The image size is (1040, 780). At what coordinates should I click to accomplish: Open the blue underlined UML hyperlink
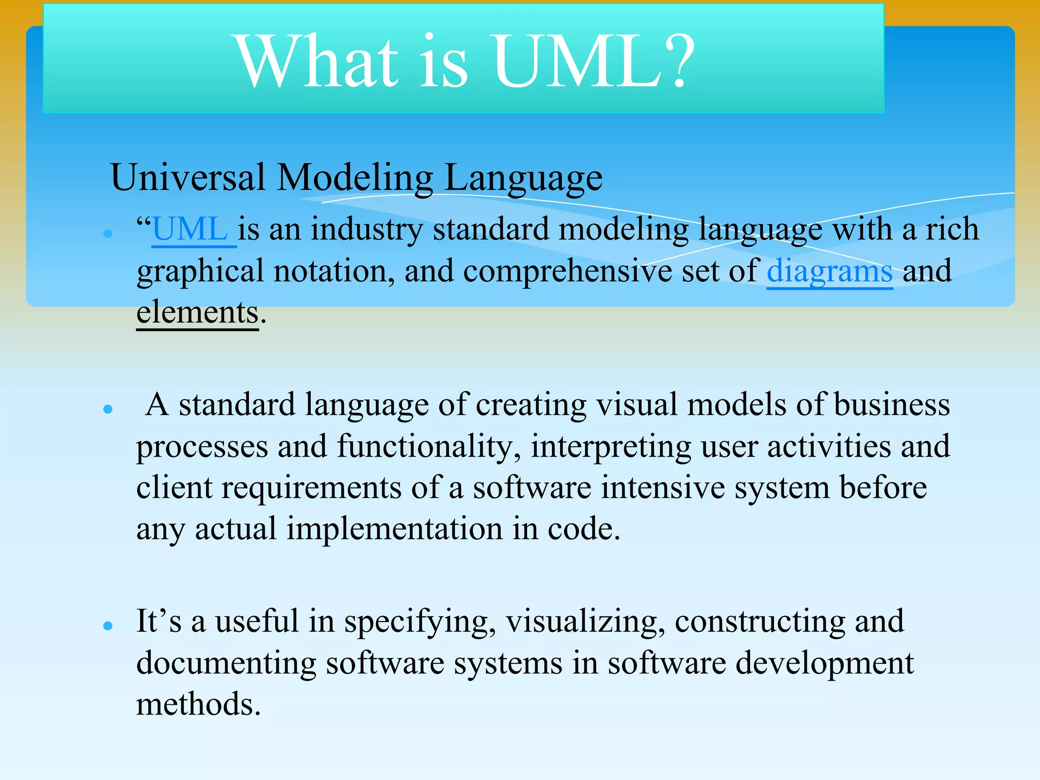190,230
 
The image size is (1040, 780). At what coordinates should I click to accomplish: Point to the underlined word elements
198,312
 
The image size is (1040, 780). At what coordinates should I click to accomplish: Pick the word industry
366,230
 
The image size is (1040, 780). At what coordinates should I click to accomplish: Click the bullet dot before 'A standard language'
107,409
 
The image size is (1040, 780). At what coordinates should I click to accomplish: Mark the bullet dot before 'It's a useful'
107,626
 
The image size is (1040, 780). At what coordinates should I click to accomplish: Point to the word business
892,405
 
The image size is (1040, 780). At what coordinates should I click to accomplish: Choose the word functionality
429,447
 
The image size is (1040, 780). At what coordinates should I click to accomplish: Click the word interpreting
611,447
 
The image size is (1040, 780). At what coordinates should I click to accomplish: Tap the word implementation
395,529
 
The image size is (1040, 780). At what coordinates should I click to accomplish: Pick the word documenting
226,664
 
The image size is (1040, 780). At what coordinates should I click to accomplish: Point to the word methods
199,705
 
